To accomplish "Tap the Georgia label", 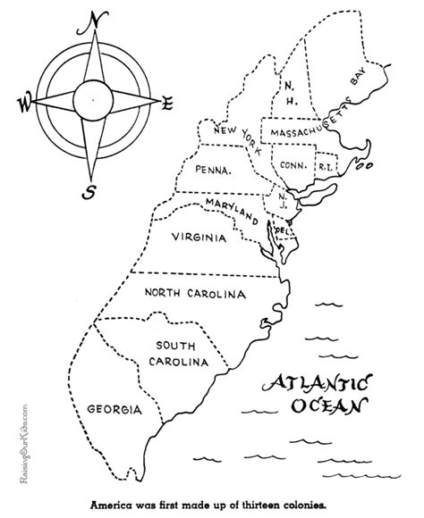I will (114, 410).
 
